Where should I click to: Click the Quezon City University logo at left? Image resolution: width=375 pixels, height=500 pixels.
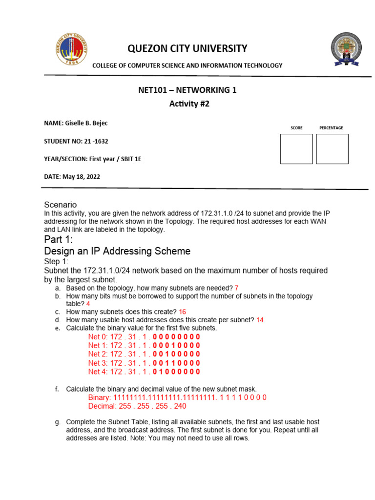click(x=72, y=49)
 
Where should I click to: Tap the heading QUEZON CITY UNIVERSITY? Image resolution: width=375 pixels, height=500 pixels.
click(x=187, y=48)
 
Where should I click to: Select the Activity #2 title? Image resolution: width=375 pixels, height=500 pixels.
click(x=188, y=104)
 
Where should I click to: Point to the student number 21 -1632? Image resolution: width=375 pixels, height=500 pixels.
click(x=96, y=141)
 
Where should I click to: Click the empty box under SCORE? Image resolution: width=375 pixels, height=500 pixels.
click(x=296, y=149)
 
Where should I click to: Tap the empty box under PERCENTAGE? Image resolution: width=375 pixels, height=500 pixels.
click(x=332, y=149)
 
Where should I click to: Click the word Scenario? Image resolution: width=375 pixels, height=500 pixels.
click(x=61, y=205)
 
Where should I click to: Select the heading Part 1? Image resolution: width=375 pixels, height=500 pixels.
click(x=58, y=239)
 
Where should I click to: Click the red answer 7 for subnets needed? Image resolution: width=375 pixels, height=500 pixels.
click(x=236, y=288)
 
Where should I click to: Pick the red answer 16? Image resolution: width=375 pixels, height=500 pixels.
click(x=182, y=312)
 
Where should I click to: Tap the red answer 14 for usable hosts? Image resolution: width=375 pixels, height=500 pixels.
click(x=260, y=320)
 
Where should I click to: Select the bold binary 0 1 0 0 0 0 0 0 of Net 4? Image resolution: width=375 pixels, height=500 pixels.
click(x=176, y=372)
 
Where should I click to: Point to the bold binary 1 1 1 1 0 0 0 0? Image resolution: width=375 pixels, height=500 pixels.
click(x=243, y=397)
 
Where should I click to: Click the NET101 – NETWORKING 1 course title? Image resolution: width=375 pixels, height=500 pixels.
click(x=188, y=90)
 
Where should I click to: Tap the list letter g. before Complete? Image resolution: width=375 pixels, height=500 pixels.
click(x=57, y=421)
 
